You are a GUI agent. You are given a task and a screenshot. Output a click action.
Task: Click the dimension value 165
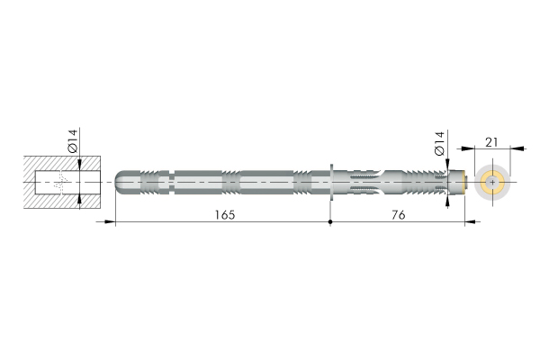(225, 215)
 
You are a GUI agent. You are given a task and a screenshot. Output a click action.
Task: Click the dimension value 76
(398, 215)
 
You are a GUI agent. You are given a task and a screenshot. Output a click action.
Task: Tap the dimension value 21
(491, 142)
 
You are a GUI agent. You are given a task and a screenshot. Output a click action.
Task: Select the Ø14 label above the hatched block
(73, 141)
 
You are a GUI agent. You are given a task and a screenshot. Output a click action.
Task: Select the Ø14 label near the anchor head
(440, 143)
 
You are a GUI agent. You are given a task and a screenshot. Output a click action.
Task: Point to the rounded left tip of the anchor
(118, 182)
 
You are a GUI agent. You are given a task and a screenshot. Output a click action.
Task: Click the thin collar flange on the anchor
(331, 182)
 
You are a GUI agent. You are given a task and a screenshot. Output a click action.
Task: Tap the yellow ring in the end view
(492, 182)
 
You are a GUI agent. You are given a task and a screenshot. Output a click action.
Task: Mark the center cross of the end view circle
(492, 182)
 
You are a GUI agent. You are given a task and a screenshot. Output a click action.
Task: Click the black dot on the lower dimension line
(330, 222)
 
